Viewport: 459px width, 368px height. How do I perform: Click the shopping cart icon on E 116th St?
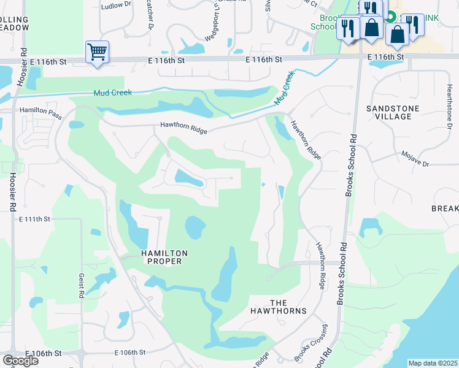pyautogui.click(x=98, y=52)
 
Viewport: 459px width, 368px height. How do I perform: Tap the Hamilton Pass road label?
pyautogui.click(x=41, y=108)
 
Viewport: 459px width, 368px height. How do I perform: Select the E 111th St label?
pyautogui.click(x=34, y=219)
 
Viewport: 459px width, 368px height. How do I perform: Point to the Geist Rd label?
pyautogui.click(x=80, y=286)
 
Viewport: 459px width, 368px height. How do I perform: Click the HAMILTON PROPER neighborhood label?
pyautogui.click(x=164, y=257)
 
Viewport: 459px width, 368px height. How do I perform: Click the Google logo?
pyautogui.click(x=20, y=361)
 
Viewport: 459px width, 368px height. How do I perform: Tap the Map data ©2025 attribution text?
pyautogui.click(x=433, y=363)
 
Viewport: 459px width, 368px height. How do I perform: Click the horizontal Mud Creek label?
pyautogui.click(x=112, y=93)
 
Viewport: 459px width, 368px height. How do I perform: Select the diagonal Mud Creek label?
pyautogui.click(x=284, y=88)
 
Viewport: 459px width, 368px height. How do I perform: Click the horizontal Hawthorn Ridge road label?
pyautogui.click(x=184, y=128)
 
